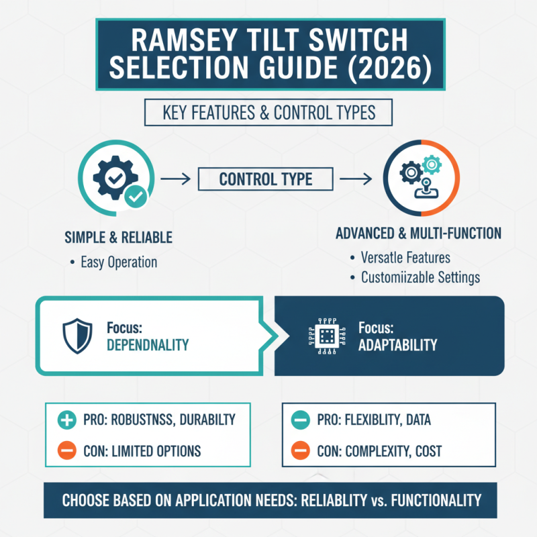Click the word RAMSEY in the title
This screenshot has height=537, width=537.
pos(184,40)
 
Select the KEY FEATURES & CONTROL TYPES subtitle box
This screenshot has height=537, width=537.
pos(268,112)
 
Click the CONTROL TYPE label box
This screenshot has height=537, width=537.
pos(265,179)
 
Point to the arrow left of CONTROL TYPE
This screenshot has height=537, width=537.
pos(176,179)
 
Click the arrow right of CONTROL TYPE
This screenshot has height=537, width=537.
pos(356,179)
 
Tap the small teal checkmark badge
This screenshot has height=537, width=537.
pos(136,196)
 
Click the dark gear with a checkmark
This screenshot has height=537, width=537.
pos(115,177)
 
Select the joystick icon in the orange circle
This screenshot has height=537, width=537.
pos(426,189)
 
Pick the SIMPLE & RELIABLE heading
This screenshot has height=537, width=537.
pos(119,238)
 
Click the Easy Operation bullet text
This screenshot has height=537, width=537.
pos(119,262)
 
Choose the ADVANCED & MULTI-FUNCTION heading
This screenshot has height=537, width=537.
pos(418,233)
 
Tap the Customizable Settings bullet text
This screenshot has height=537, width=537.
pos(421,277)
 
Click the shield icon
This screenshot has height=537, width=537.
pos(77,336)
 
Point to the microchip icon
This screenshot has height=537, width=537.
pos(327,336)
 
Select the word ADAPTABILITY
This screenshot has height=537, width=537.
pos(397,345)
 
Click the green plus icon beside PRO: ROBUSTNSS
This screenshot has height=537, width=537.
pos(66,420)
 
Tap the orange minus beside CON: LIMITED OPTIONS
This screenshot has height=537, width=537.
pos(66,450)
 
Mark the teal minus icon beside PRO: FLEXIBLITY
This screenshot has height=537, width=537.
pos(300,420)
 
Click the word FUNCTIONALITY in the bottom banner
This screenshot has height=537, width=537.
pos(436,500)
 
